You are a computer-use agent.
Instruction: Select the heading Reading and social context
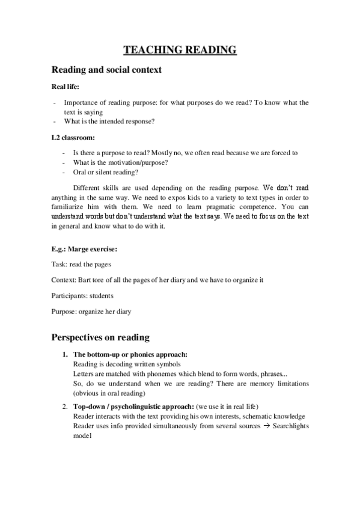coord(106,70)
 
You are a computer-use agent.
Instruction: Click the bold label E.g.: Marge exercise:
coord(85,249)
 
